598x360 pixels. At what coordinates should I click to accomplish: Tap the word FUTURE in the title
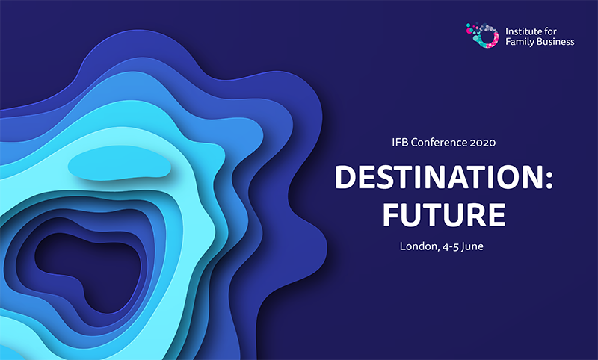pyautogui.click(x=444, y=214)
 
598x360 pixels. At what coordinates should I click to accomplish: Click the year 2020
pyautogui.click(x=482, y=140)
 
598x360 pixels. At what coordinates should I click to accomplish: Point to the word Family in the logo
pyautogui.click(x=521, y=43)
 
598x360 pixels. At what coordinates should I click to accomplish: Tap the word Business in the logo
pyautogui.click(x=556, y=43)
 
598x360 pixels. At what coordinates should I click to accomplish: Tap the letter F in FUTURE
pyautogui.click(x=392, y=214)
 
